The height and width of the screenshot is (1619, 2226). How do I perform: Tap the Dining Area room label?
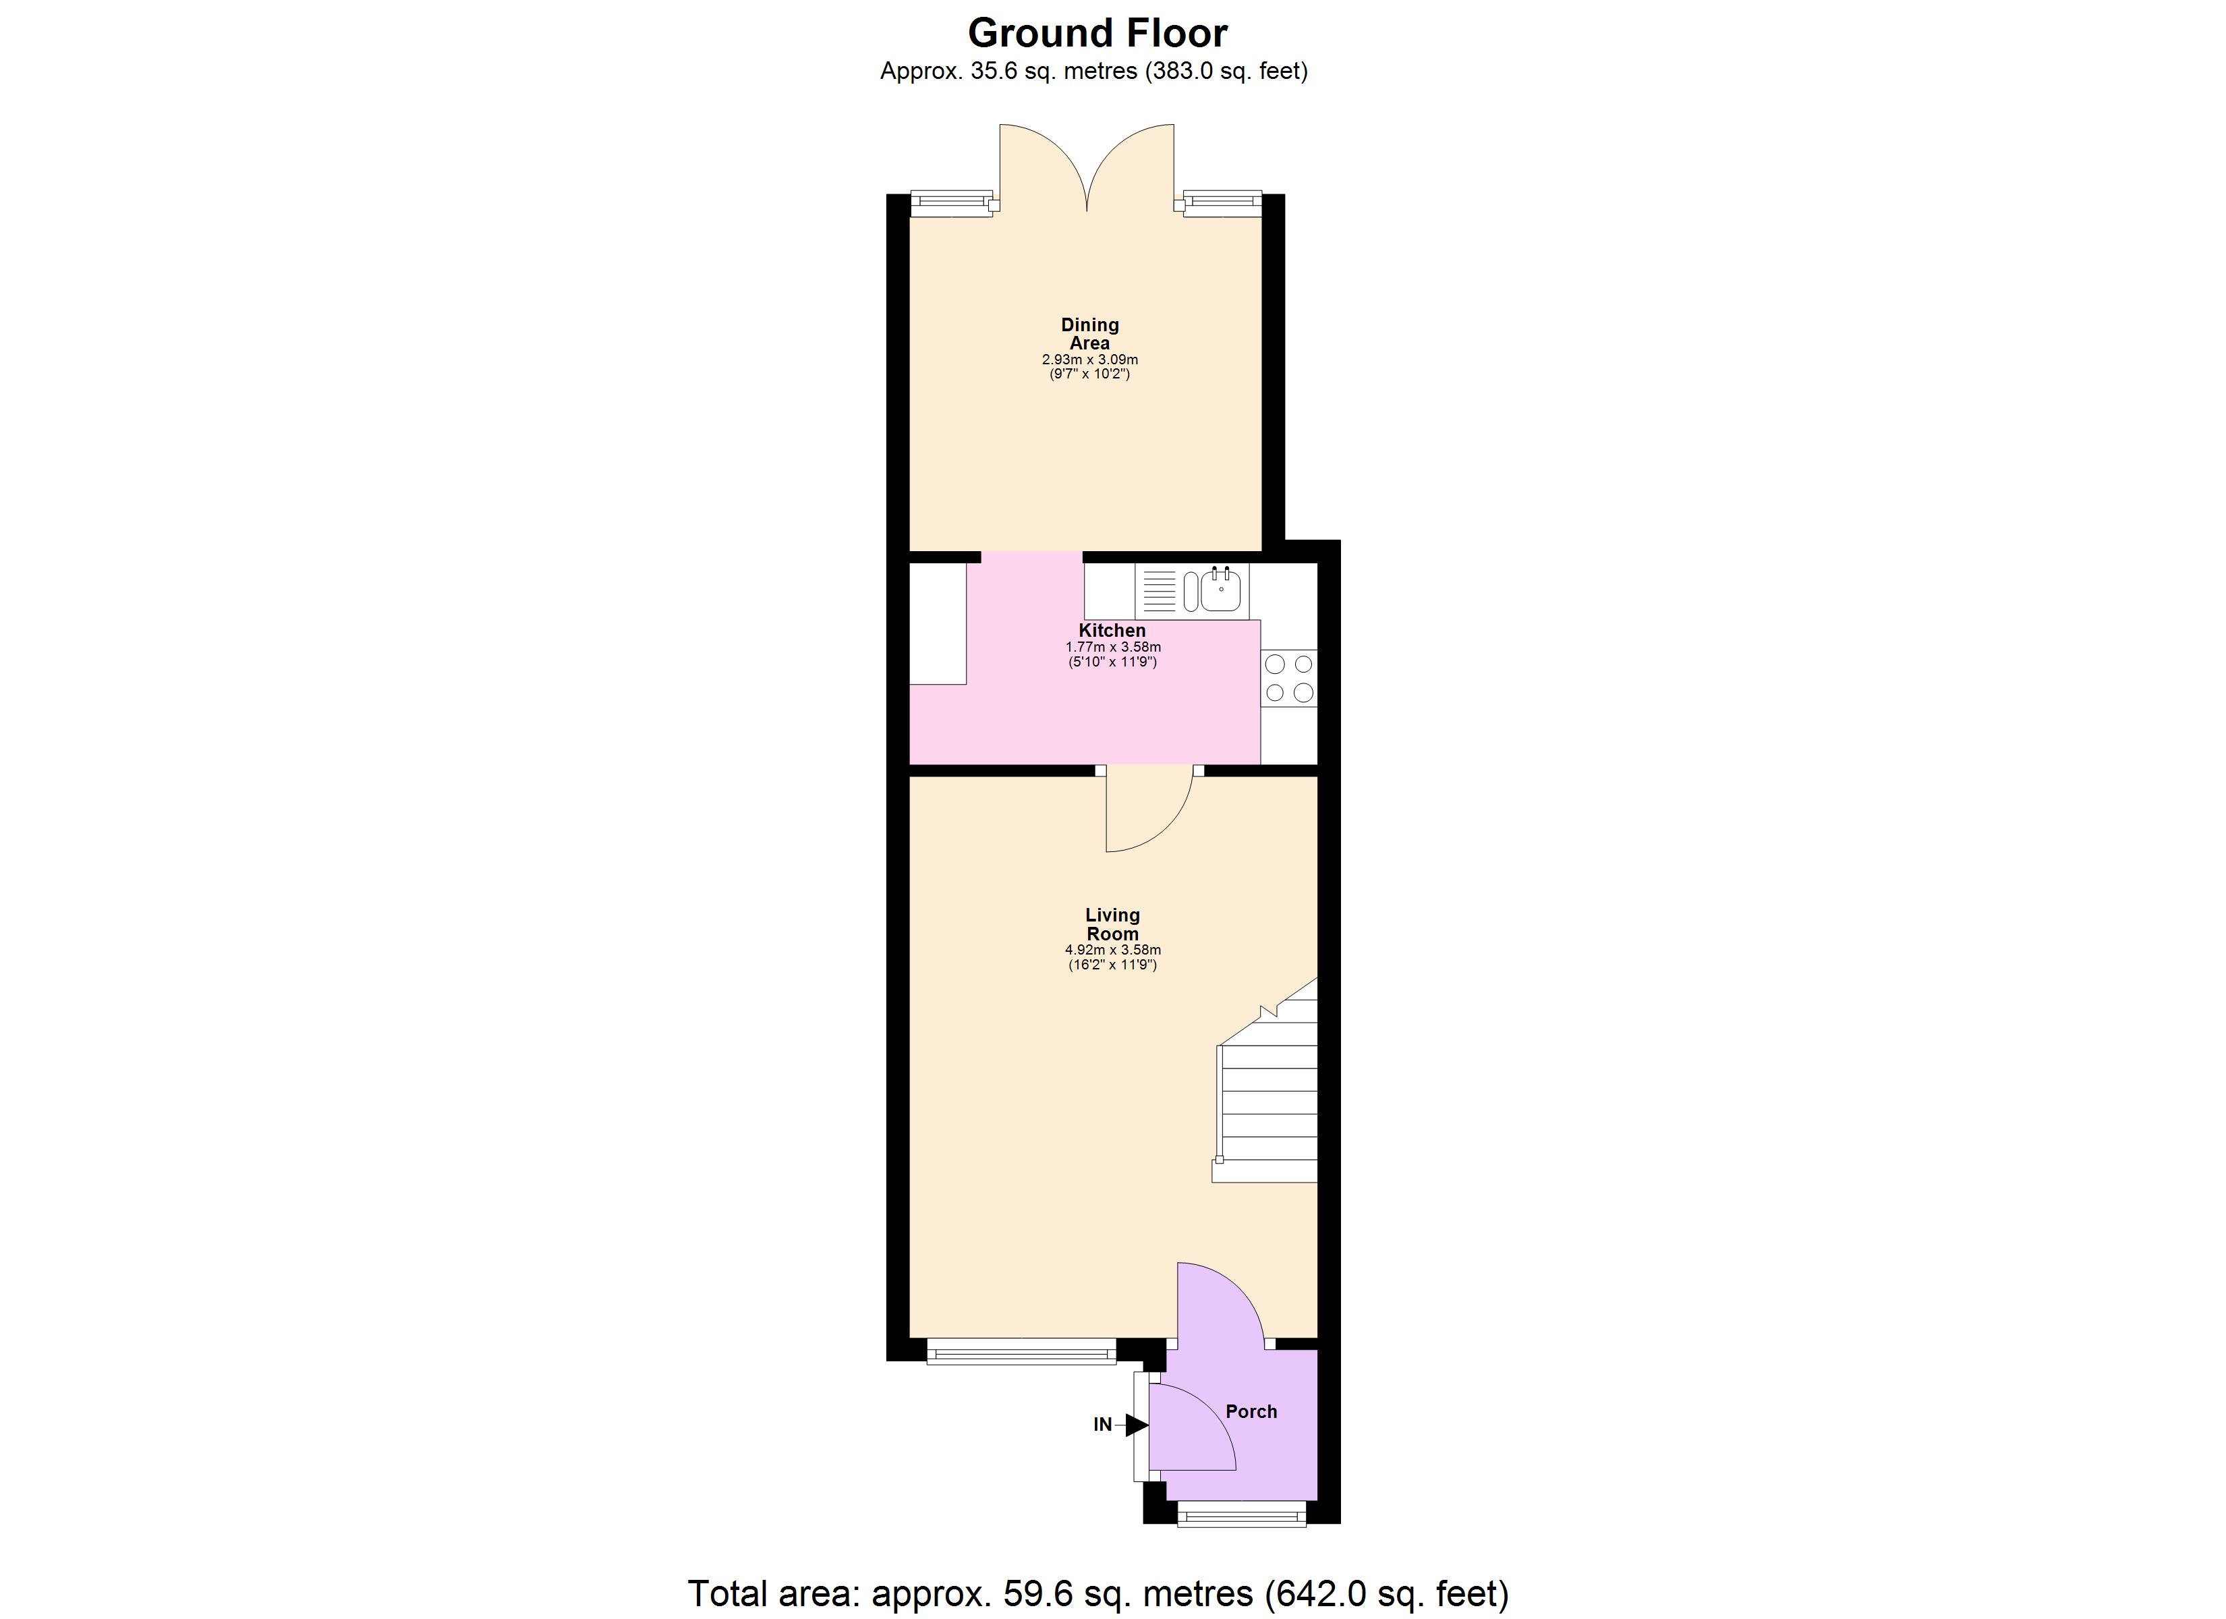(x=1089, y=334)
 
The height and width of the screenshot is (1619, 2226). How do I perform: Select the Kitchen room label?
(x=1112, y=630)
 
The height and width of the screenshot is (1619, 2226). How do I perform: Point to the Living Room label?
(x=1112, y=924)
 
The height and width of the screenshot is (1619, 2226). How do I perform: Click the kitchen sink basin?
(x=1220, y=591)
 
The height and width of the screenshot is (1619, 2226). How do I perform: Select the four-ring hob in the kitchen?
(x=1288, y=679)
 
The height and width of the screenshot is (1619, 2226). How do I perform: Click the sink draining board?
(x=1159, y=591)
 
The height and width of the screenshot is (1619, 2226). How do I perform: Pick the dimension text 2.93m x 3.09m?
(x=1089, y=360)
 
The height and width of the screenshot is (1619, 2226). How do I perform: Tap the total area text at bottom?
(x=1097, y=1593)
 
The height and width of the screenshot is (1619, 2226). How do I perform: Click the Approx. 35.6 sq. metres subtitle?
(x=1093, y=72)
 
